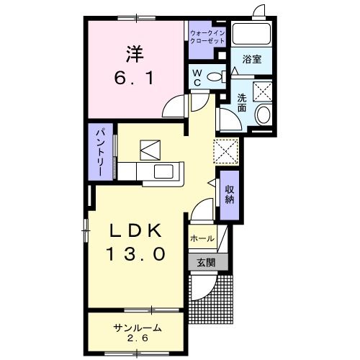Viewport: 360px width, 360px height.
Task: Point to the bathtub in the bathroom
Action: click(251, 34)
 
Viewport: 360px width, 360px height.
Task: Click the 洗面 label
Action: click(242, 103)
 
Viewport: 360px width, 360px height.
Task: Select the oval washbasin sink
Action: click(263, 114)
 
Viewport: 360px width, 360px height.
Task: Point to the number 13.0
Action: click(139, 253)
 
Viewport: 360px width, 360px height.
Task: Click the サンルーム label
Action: click(136, 328)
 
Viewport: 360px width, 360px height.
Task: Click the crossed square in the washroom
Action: click(260, 91)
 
